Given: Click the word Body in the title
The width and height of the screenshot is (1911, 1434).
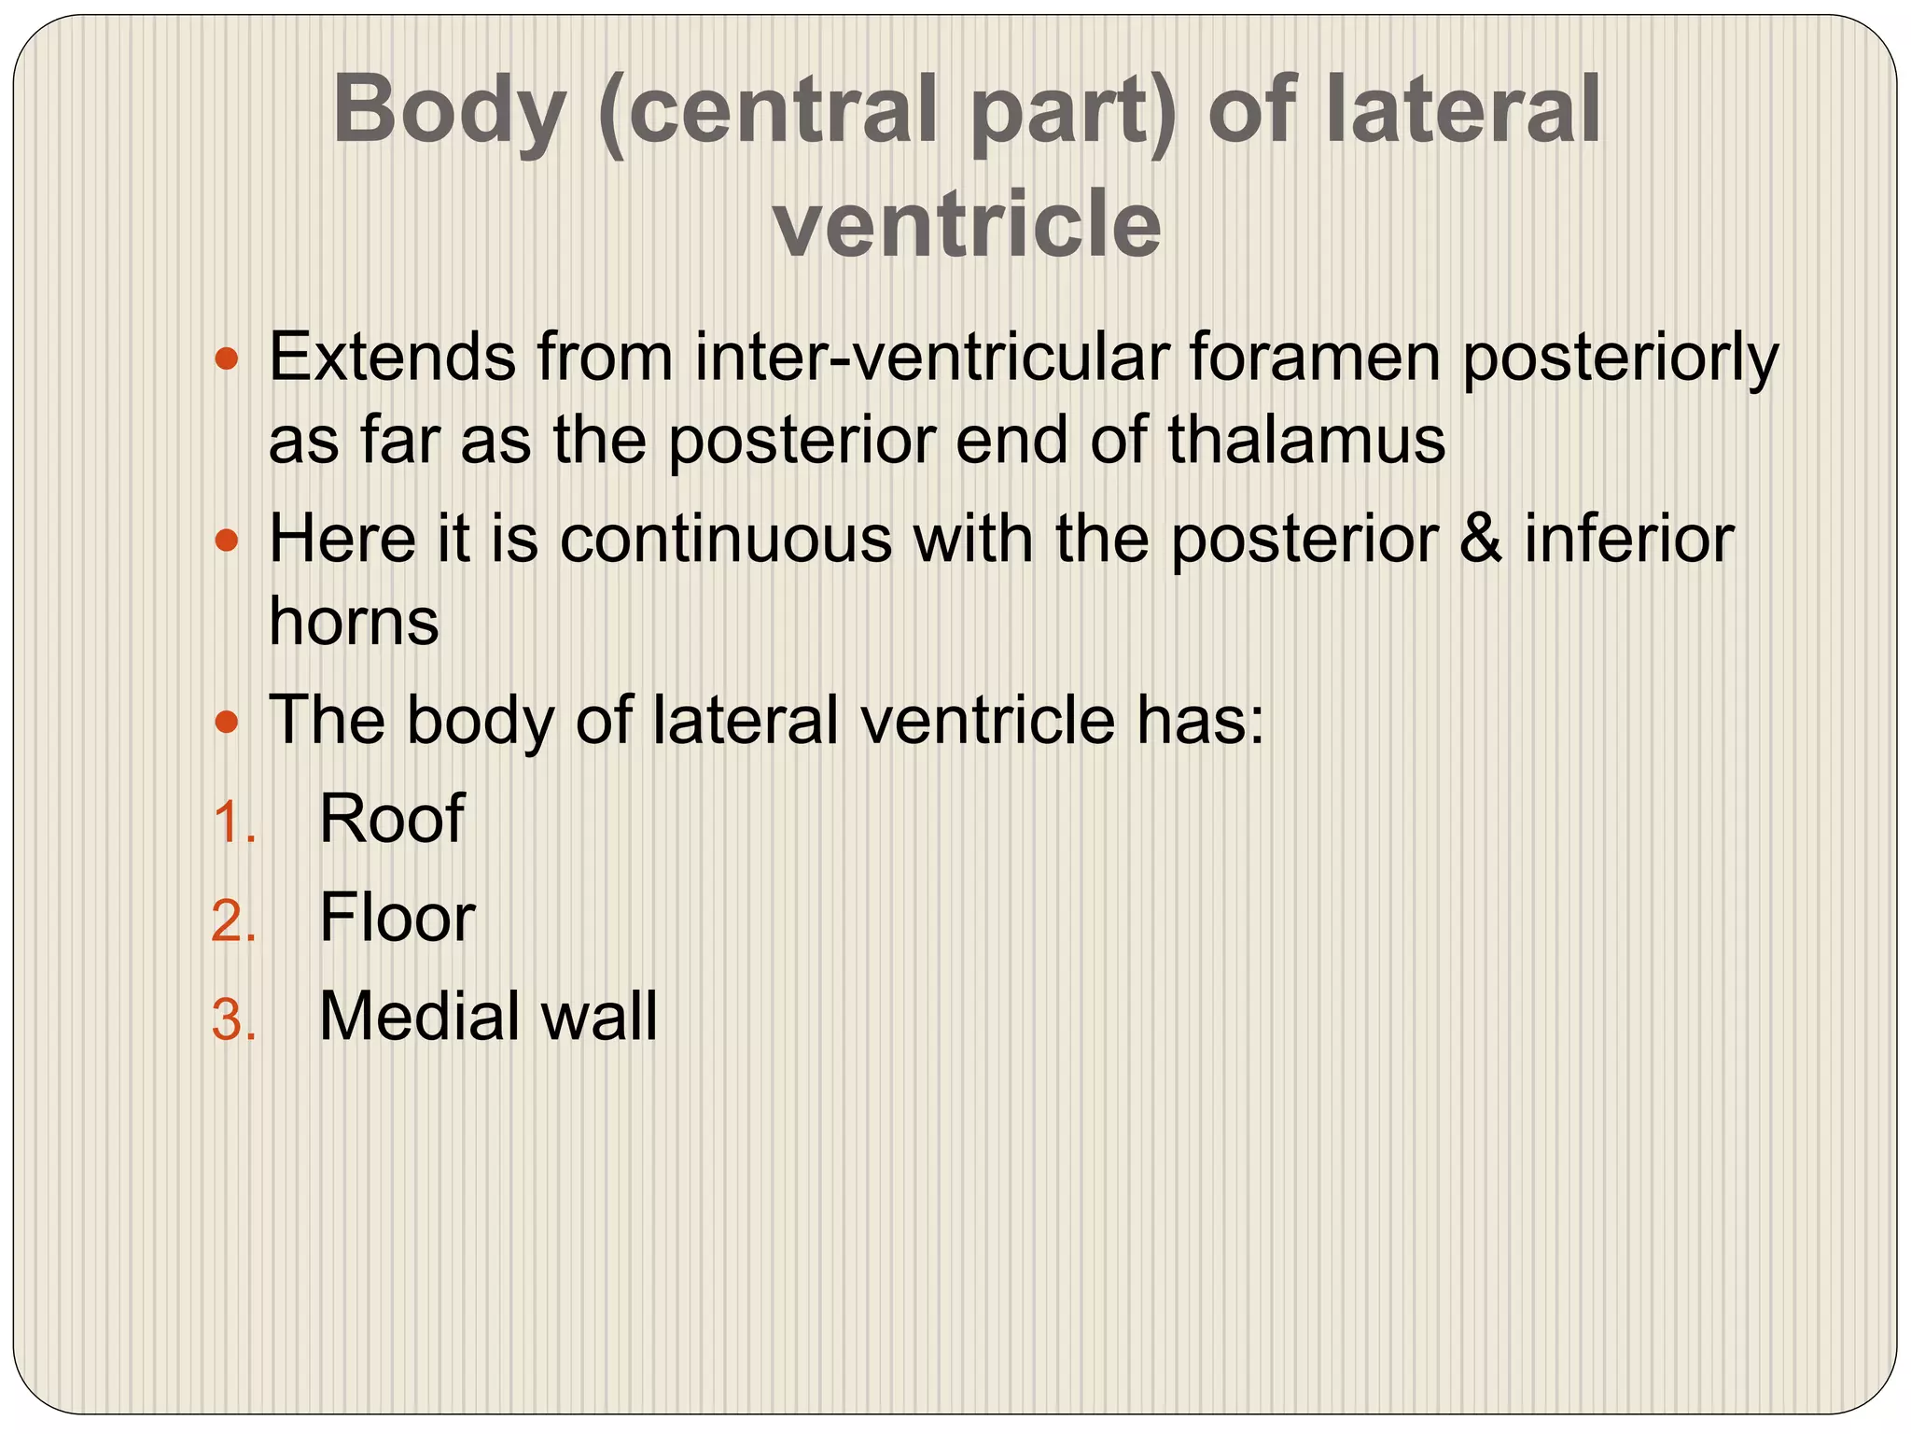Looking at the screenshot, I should tap(449, 111).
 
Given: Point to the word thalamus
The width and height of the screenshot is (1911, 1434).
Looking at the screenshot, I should tap(1306, 439).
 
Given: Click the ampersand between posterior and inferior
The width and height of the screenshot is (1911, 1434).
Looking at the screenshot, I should tap(1481, 539).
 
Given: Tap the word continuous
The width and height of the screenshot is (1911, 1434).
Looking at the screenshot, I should tap(726, 539).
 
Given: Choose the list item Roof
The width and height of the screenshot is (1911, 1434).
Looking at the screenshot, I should tap(391, 819).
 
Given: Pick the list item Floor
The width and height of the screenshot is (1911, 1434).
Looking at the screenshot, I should tap(397, 918).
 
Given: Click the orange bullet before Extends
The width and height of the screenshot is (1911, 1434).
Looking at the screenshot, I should tap(227, 358).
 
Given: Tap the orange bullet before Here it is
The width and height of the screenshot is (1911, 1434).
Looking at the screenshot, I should tap(227, 540).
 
